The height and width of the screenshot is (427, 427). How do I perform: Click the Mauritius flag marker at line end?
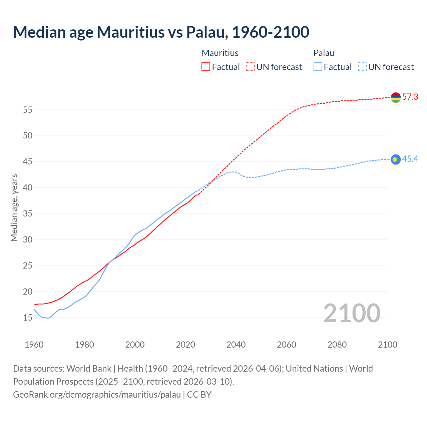pos(396,97)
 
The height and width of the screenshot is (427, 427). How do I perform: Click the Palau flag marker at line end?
pos(396,159)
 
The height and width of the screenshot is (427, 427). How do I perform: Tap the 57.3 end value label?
pos(410,97)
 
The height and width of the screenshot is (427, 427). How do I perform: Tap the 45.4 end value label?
pos(410,159)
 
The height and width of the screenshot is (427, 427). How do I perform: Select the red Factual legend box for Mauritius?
pos(206,67)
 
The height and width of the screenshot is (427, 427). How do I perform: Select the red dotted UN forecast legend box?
pos(250,67)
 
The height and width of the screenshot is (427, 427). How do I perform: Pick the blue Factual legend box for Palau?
pos(318,67)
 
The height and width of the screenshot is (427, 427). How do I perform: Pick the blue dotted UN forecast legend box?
pos(362,67)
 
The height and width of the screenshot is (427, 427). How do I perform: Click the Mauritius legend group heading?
pos(220,53)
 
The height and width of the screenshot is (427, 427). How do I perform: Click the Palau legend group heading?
pos(324,53)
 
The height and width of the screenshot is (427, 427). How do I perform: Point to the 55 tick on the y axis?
pos(28,110)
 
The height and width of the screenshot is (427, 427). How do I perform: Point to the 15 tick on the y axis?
pos(28,318)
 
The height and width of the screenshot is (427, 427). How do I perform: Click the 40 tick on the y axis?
pos(28,188)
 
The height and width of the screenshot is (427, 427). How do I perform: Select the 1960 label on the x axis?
pos(34,345)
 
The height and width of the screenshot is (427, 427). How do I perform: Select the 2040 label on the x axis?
pos(236,345)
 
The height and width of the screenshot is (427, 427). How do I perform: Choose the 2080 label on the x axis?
pos(337,345)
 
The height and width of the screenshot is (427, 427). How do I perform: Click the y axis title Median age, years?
pos(14,207)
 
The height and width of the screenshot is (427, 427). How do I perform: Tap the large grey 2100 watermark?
pos(352,313)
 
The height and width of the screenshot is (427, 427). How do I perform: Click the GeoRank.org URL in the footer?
pos(97,395)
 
